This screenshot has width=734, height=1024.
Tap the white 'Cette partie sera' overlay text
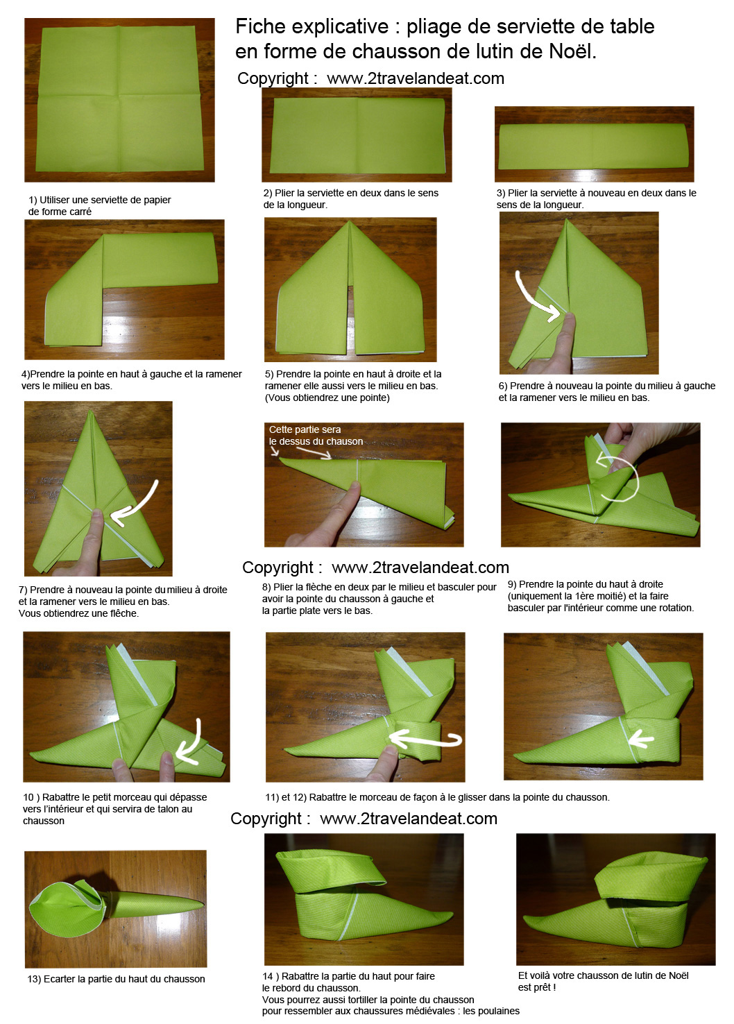[x=305, y=429]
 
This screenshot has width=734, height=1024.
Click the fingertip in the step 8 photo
[x=353, y=488]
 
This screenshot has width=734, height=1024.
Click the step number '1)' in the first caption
[x=33, y=200]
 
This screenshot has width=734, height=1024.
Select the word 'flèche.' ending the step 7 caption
[x=122, y=613]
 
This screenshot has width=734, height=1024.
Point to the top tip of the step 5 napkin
[x=350, y=222]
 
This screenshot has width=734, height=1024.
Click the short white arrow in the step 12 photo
[x=642, y=738]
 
